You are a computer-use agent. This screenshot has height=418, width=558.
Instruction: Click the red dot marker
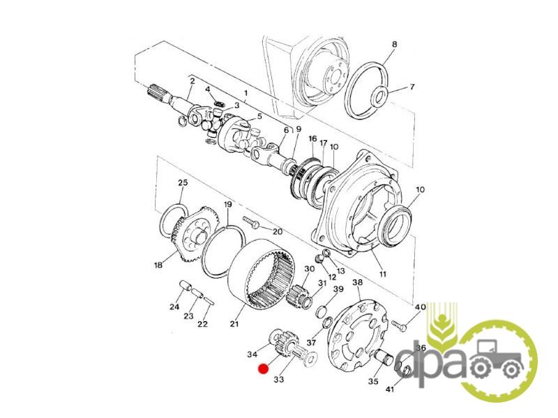264,369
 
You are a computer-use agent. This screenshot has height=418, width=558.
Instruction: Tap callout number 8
394,45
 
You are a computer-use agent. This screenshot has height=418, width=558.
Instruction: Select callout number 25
183,183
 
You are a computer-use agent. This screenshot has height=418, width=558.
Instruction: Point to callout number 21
234,324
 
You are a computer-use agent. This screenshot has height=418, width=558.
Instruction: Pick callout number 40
421,307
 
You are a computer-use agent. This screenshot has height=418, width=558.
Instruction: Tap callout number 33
279,380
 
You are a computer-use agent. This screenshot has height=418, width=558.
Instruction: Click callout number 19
228,204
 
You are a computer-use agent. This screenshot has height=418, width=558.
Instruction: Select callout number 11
382,274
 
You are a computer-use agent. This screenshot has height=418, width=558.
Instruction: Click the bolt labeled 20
252,223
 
